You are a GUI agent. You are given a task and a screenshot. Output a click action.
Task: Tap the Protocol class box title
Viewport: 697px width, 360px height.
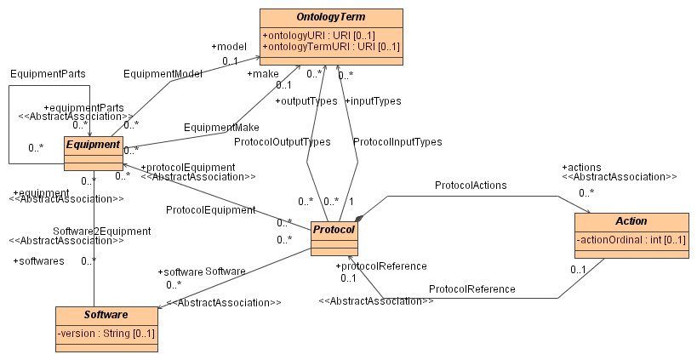[x=333, y=231]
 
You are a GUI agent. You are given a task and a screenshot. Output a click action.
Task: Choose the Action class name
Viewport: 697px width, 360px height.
[x=624, y=220]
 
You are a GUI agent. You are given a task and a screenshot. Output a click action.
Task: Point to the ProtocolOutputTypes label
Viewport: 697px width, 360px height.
[x=282, y=142]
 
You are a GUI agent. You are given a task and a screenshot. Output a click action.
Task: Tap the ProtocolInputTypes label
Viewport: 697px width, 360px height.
[x=397, y=142]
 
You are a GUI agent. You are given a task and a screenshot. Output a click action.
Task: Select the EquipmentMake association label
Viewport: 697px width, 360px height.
[x=221, y=127]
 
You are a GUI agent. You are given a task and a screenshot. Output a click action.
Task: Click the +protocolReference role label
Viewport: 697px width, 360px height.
[x=380, y=266]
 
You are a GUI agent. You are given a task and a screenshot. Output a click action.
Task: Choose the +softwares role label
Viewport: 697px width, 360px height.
[x=39, y=260]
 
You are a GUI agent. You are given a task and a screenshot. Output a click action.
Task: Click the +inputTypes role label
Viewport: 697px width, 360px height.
[x=373, y=101]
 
